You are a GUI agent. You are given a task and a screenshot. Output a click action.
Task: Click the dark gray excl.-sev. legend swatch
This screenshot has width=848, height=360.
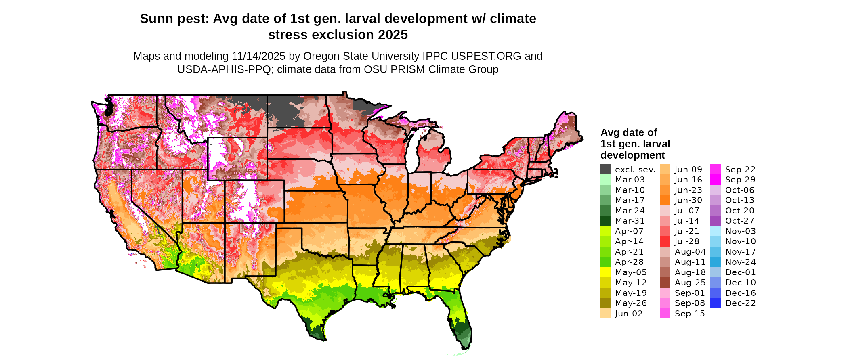point(605,170)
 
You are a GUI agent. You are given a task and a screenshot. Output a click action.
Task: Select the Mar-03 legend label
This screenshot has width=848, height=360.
point(630,180)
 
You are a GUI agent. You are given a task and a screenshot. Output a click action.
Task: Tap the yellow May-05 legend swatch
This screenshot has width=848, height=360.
point(605,272)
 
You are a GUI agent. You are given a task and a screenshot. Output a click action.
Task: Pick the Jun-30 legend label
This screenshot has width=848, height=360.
point(688,200)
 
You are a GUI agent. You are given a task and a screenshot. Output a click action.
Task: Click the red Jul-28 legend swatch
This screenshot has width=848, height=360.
point(665,241)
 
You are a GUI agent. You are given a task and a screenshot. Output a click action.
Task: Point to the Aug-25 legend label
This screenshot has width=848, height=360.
point(690,283)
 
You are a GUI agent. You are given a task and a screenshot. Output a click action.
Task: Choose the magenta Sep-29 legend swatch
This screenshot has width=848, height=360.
point(716,180)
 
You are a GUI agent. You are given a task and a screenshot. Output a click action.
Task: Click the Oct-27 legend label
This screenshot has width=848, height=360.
point(740,221)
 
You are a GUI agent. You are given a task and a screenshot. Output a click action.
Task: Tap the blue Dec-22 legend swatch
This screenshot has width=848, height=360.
point(716,303)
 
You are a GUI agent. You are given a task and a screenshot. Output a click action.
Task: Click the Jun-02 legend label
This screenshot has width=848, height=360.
point(629,314)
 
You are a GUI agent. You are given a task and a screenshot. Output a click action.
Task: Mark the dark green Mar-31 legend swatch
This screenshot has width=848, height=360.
point(605,221)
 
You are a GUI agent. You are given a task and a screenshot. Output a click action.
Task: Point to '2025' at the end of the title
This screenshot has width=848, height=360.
point(393,35)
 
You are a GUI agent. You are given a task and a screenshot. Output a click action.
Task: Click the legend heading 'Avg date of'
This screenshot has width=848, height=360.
point(629,132)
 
